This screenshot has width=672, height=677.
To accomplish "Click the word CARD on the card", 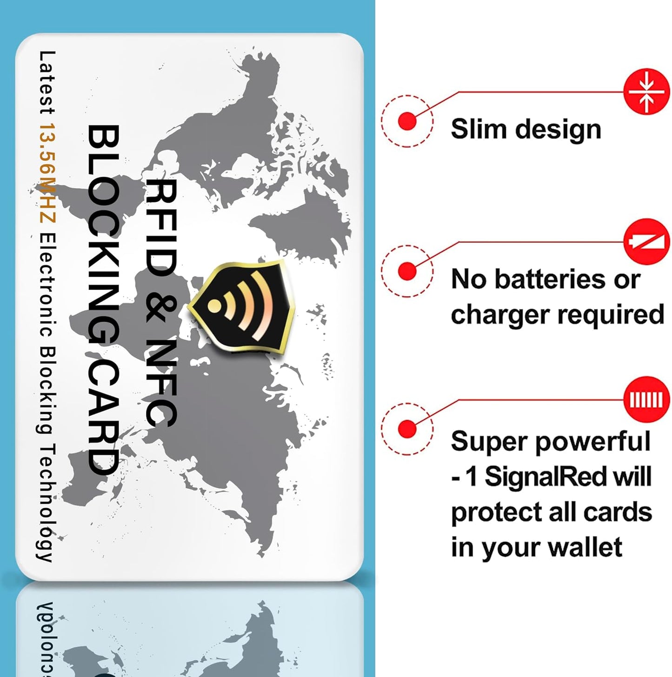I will click(x=103, y=416).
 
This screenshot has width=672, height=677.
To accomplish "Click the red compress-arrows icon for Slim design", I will click(x=646, y=92).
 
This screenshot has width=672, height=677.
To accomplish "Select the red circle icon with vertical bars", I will click(x=646, y=399).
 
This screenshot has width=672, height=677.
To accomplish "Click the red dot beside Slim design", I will click(x=407, y=121).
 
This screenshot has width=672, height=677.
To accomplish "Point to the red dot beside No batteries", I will click(x=407, y=271).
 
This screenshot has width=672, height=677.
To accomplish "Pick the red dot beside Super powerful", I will click(x=407, y=428).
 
